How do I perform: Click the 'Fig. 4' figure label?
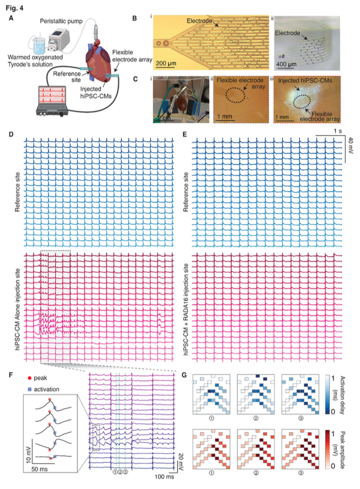(18, 7)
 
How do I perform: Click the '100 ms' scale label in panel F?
(160, 476)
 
